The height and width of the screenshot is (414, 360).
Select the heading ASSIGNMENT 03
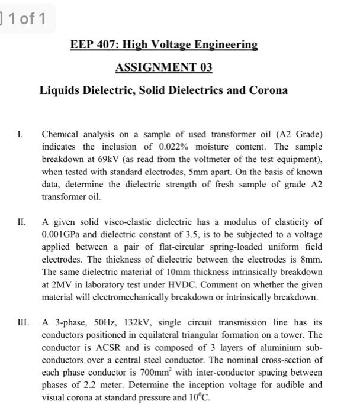click(x=163, y=67)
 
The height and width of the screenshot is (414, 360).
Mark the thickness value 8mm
click(x=313, y=260)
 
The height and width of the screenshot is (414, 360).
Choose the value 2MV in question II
click(x=57, y=284)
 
